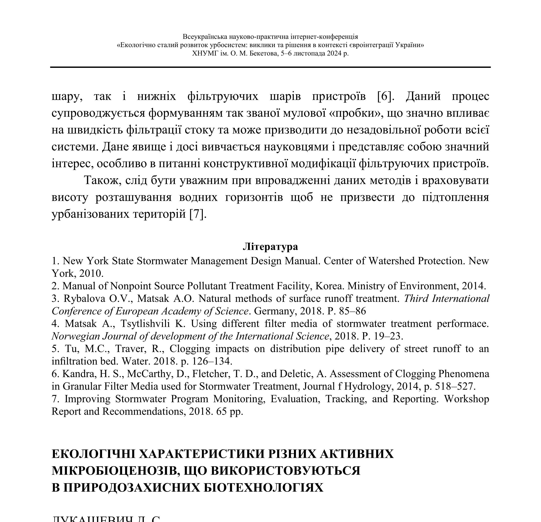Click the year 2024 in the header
[334, 53]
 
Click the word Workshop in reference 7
[466, 399]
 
